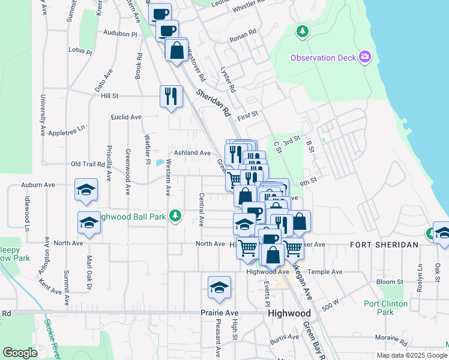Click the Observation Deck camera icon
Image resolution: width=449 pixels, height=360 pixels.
(x=364, y=58)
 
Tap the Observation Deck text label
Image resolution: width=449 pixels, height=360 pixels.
(x=323, y=58)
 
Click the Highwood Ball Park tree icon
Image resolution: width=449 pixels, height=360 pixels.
(x=175, y=215)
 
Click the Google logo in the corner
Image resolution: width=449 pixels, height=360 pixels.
(x=20, y=353)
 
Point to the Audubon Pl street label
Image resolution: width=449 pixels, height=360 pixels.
(x=121, y=33)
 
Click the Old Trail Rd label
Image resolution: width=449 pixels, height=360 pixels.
(x=88, y=164)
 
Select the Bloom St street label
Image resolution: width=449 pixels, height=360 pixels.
(x=391, y=282)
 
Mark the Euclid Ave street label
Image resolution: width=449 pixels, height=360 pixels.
(x=126, y=117)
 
